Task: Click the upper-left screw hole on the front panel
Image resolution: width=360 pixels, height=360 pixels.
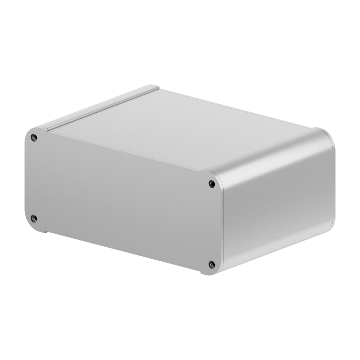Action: pos(34,138)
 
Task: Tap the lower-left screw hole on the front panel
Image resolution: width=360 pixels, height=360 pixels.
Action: pos(34,218)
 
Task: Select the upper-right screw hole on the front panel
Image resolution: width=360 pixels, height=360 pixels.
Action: pos(212,184)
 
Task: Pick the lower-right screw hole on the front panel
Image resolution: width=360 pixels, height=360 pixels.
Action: pos(212,265)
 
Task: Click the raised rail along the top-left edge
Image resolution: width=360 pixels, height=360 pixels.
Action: pos(101,106)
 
